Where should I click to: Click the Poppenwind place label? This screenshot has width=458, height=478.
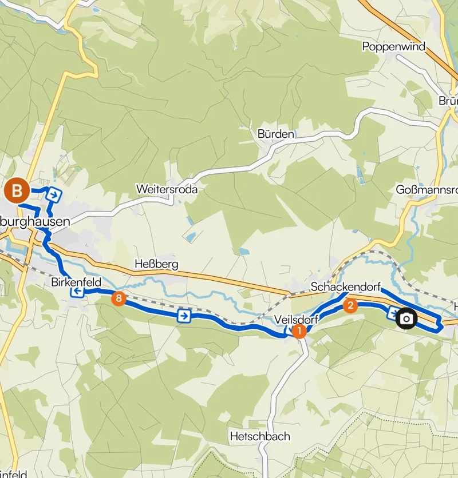click(x=394, y=46)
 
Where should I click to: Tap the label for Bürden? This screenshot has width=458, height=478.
click(x=275, y=134)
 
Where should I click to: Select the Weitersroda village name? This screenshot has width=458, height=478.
click(x=167, y=189)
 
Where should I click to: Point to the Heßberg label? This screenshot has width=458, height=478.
click(x=156, y=264)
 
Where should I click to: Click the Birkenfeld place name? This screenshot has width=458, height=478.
click(x=76, y=282)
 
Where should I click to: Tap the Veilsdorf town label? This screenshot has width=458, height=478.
click(x=296, y=319)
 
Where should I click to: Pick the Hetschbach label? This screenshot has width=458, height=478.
click(x=259, y=436)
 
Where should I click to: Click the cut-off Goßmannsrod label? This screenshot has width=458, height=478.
click(x=427, y=190)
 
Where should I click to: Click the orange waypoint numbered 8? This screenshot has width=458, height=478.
click(x=119, y=298)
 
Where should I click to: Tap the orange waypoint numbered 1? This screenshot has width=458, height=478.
click(x=299, y=331)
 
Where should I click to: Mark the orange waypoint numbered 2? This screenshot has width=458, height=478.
click(x=350, y=305)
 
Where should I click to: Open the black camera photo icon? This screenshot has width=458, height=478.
click(x=406, y=318)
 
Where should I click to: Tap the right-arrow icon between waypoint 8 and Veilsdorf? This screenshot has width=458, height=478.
click(x=184, y=316)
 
